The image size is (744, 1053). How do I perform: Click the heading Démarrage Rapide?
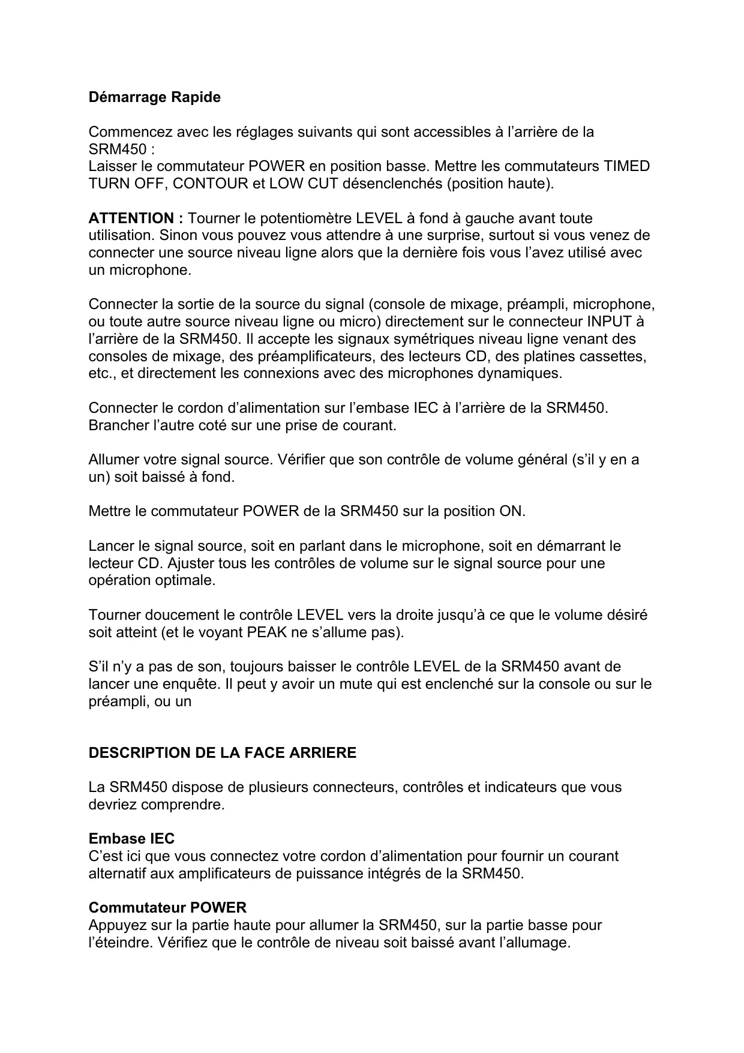click(154, 97)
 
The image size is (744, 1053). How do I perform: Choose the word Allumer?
click(113, 460)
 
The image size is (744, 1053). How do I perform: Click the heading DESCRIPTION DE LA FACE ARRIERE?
click(222, 753)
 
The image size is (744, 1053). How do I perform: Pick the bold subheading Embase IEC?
click(131, 839)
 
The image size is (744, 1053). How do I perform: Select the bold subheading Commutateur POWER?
click(167, 908)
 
